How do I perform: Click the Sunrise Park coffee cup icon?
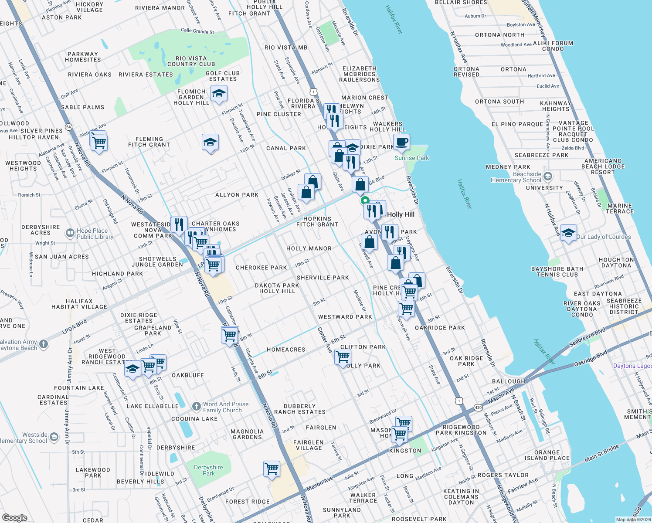coord(401,142)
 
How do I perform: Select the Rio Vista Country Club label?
coord(191,61)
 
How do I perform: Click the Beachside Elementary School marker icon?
coord(548,177)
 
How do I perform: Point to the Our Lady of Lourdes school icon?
coord(568,233)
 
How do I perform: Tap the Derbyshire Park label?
coord(208,470)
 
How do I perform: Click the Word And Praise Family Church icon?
coord(196,407)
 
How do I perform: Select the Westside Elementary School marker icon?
coord(54,437)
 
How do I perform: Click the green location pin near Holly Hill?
coord(365,201)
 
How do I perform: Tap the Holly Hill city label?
coord(401,214)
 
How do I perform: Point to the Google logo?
coord(14,517)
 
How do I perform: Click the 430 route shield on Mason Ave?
coord(478,407)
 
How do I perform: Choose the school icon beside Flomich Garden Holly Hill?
coord(219,94)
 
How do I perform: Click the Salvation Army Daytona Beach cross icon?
coord(44,344)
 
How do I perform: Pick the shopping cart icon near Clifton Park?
coord(343,357)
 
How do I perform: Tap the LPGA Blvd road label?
coord(75,326)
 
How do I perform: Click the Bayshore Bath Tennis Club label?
coord(557,272)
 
